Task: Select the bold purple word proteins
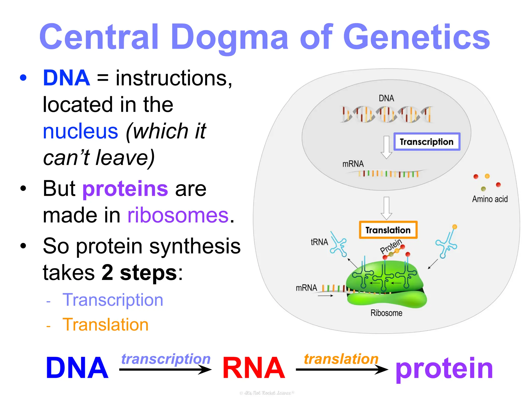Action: click(x=125, y=189)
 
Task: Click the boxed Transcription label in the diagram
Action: click(x=426, y=142)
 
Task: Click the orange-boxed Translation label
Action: click(x=388, y=230)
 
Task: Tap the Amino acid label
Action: click(x=490, y=199)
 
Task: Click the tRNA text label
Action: click(x=319, y=242)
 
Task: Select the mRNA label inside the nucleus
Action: click(x=353, y=164)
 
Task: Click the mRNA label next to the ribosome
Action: click(x=306, y=288)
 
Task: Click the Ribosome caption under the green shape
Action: click(x=386, y=313)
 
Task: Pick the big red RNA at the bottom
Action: click(x=253, y=368)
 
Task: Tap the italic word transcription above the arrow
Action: click(x=166, y=359)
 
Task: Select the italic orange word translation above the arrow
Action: click(x=341, y=359)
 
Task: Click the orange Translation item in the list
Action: click(x=106, y=325)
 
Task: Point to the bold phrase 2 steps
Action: click(x=139, y=273)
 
